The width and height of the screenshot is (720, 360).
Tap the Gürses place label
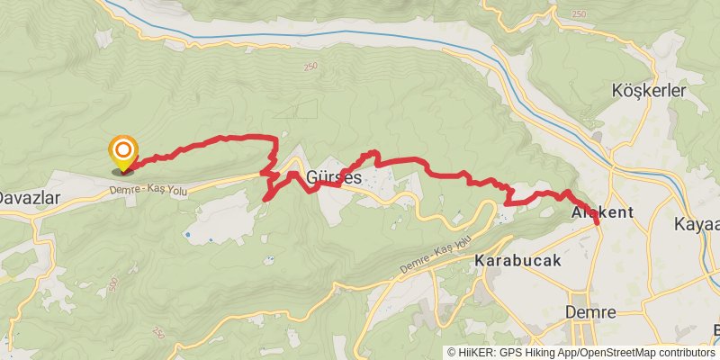tap(334, 177)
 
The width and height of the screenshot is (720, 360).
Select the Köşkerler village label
tap(648, 91)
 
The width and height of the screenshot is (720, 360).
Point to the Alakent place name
tap(602, 212)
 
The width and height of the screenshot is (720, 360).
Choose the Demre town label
tap(589, 311)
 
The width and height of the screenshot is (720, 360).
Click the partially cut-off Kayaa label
tap(697, 225)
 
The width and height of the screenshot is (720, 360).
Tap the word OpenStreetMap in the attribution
tap(614, 353)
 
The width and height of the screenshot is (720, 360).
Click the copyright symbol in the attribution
tap(452, 353)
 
